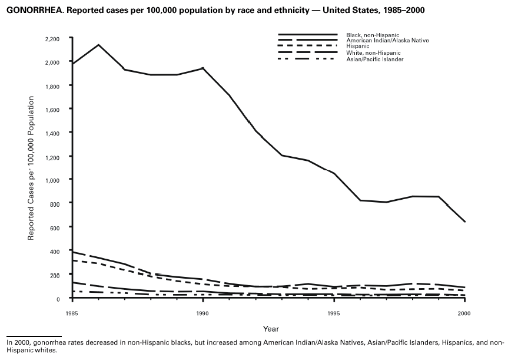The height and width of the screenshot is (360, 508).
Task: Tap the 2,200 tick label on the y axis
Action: (x=52, y=39)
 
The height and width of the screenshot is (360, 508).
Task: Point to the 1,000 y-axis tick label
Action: (x=52, y=180)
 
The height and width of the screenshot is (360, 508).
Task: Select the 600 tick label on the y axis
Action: (x=55, y=227)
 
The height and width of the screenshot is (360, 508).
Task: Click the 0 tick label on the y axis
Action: (x=58, y=299)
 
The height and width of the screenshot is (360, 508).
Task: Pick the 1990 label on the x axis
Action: (x=203, y=311)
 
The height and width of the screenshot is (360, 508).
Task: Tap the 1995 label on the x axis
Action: (x=334, y=311)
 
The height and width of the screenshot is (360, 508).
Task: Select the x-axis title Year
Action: (x=271, y=328)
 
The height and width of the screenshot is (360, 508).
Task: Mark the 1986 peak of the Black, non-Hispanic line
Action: (x=98, y=45)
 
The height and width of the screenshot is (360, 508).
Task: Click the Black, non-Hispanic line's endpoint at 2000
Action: (x=465, y=222)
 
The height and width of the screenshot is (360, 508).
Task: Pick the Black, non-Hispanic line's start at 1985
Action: (x=71, y=64)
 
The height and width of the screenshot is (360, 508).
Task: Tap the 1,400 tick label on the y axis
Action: (x=52, y=133)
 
